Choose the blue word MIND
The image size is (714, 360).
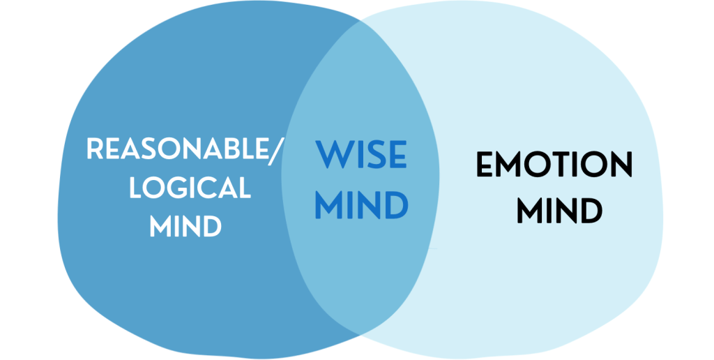(360, 205)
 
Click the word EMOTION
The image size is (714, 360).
(554, 166)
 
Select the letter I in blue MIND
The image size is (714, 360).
(350, 205)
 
